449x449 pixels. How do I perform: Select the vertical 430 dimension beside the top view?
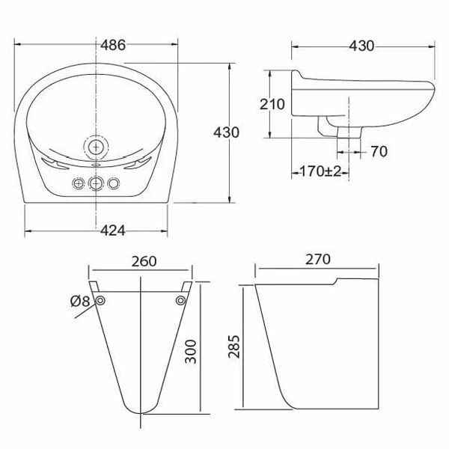tap(226, 132)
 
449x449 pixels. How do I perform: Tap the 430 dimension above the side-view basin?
tap(361, 45)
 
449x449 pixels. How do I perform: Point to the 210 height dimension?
tap(272, 104)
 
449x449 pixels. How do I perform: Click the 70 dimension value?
tap(378, 152)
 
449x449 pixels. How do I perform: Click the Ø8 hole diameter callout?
tap(79, 302)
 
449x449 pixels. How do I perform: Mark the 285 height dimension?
tap(234, 346)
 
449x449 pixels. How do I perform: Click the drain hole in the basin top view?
tap(97, 144)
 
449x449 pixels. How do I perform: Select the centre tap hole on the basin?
tap(96, 183)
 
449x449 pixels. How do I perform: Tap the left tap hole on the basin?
tap(78, 183)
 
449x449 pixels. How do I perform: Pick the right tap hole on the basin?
tap(114, 183)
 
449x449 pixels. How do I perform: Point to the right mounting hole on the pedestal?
tap(180, 301)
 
